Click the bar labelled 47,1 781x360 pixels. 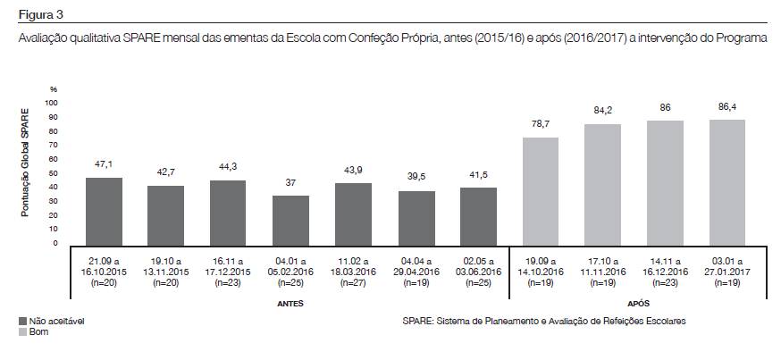click(104, 210)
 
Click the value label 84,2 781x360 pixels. click(603, 112)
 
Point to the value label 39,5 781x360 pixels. click(416, 178)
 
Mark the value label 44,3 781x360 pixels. click(229, 168)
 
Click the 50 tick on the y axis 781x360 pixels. click(53, 173)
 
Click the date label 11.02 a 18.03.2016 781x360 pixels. click(353, 264)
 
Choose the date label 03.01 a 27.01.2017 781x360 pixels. click(727, 264)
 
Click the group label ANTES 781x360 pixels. click(290, 304)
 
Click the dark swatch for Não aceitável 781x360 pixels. click(21, 320)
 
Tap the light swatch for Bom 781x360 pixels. click(21, 331)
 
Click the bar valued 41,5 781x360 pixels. click(478, 214)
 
